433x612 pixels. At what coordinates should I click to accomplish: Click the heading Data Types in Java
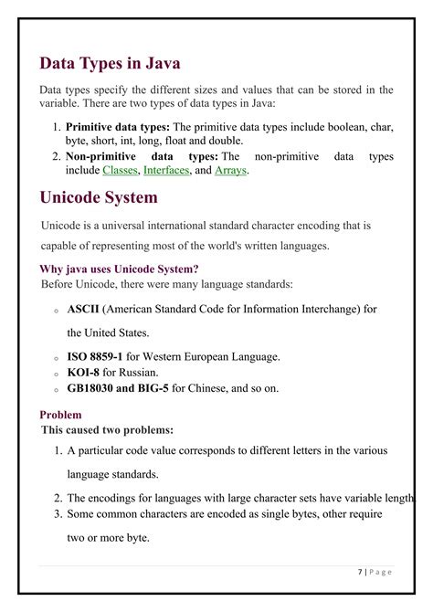[x=110, y=63]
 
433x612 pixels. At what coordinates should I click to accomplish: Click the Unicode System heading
[x=99, y=197]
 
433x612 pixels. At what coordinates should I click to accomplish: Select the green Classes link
[x=120, y=171]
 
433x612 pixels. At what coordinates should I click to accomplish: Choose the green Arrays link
[x=230, y=171]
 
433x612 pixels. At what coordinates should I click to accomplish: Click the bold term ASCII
[x=83, y=310]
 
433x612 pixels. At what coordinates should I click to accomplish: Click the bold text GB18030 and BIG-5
[x=118, y=388]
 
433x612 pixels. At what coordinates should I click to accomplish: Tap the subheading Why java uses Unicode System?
[x=119, y=269]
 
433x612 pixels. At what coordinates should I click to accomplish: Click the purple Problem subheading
[x=61, y=415]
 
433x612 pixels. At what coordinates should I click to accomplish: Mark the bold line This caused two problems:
[x=108, y=429]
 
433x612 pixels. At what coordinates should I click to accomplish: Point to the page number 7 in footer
[x=361, y=572]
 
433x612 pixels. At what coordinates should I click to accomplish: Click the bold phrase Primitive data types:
[x=118, y=127]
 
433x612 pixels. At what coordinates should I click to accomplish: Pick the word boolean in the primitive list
[x=333, y=127]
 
